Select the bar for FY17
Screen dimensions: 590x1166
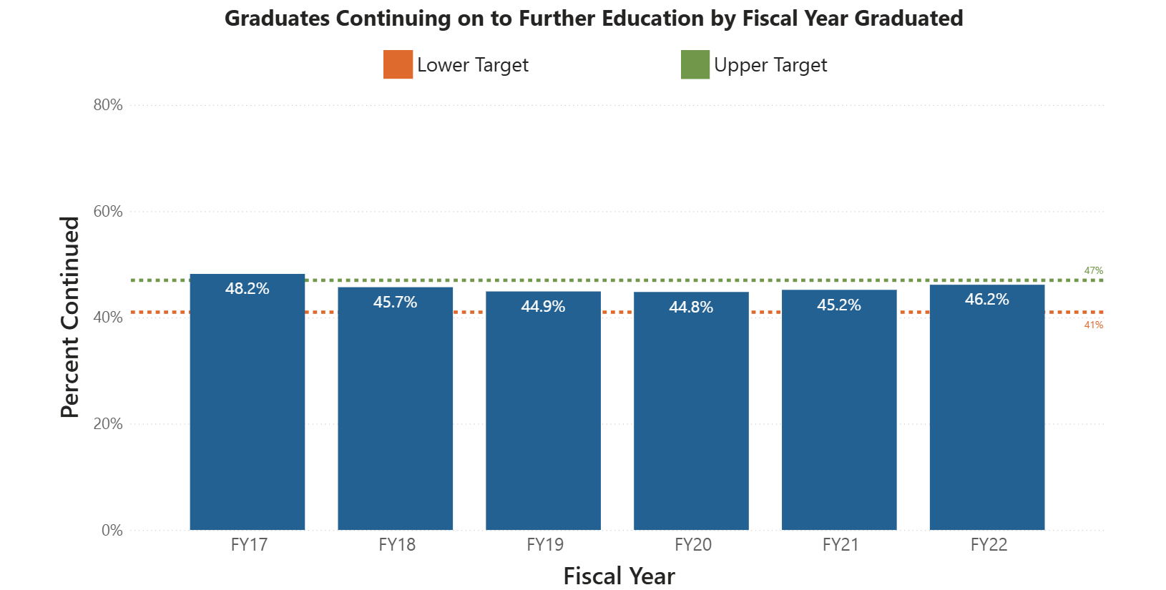pyautogui.click(x=247, y=415)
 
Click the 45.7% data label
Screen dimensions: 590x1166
pyautogui.click(x=395, y=302)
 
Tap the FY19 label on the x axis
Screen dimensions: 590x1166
pyautogui.click(x=545, y=545)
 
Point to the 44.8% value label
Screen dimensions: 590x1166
pyautogui.click(x=691, y=307)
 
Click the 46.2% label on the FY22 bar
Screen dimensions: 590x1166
pyautogui.click(x=986, y=299)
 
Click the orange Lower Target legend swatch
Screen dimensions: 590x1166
pyautogui.click(x=398, y=64)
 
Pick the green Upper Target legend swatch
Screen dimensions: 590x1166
pyautogui.click(x=695, y=64)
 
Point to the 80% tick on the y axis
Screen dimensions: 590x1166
pyautogui.click(x=108, y=105)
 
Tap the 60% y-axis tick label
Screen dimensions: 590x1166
pyautogui.click(x=108, y=212)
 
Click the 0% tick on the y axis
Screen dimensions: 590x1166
pyautogui.click(x=112, y=530)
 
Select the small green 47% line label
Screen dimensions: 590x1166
pyautogui.click(x=1093, y=270)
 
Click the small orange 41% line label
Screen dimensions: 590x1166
pyautogui.click(x=1093, y=325)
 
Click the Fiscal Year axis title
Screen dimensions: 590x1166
pyautogui.click(x=619, y=576)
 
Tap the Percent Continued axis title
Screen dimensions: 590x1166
pyautogui.click(x=69, y=317)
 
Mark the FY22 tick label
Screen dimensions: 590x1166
pyautogui.click(x=989, y=545)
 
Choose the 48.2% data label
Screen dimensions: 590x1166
pyautogui.click(x=247, y=288)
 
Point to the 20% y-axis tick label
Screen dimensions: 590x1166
pyautogui.click(x=108, y=423)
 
